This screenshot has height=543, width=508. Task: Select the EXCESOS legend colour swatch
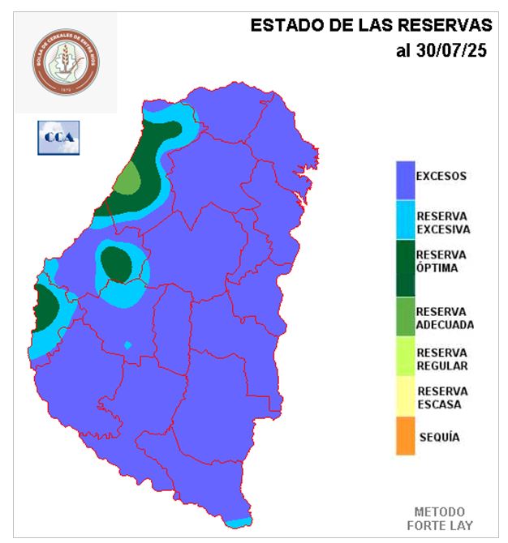(x=405, y=178)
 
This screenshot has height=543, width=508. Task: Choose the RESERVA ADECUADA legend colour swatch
(x=405, y=317)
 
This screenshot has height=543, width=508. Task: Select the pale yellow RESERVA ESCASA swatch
(x=405, y=396)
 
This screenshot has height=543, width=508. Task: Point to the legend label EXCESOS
(x=441, y=175)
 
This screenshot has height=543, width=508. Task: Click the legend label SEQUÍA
(x=440, y=438)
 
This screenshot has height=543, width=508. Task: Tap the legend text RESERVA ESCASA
(x=442, y=397)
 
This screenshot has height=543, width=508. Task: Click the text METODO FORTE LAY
(x=441, y=519)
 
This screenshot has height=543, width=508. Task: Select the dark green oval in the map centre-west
(x=118, y=264)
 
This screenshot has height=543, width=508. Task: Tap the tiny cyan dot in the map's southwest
(x=127, y=346)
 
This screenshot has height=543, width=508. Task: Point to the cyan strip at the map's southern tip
(x=239, y=523)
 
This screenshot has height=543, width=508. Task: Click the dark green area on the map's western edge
(x=45, y=310)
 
